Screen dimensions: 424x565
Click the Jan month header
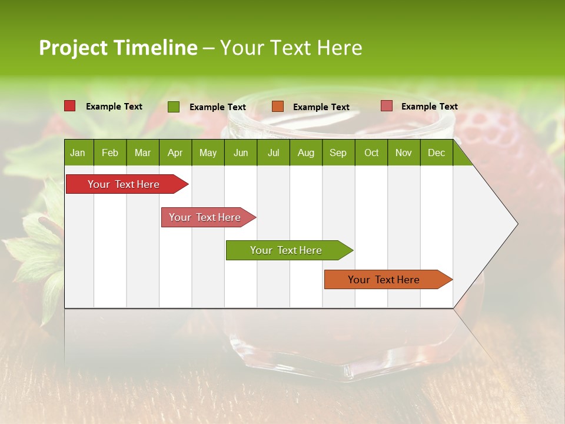point(78,153)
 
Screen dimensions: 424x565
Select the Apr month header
point(175,153)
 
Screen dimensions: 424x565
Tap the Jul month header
point(273,153)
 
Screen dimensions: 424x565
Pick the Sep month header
point(338,153)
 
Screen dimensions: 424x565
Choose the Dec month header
point(436,153)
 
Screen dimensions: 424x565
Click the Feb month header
point(110,153)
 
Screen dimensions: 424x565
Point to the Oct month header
point(371,153)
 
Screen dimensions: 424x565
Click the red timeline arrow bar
point(124,184)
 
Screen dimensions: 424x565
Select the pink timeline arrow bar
point(205,217)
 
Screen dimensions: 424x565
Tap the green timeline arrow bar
point(286,250)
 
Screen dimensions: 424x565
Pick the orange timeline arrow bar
point(384,280)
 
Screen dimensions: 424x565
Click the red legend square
point(69,106)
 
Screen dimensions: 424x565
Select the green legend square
point(174,107)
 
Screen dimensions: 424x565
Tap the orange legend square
point(278,107)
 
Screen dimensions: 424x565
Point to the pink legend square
point(386,106)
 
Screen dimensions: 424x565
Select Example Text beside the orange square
point(321,107)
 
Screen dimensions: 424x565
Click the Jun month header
point(241,153)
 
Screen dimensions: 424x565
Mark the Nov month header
point(404,153)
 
